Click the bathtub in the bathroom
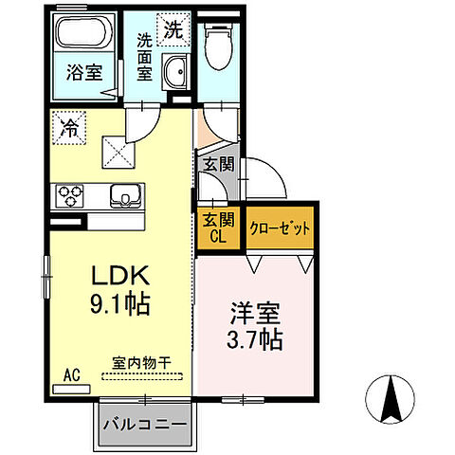[x=83, y=36]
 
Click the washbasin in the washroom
[x=174, y=72]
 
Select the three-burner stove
[x=71, y=196]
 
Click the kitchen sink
[x=124, y=196]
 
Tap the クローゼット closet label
[x=280, y=228]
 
